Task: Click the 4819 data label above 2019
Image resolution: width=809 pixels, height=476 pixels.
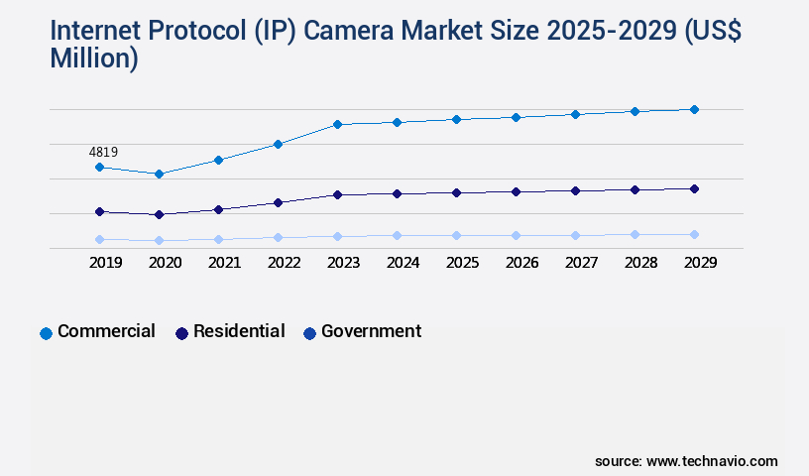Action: tap(103, 152)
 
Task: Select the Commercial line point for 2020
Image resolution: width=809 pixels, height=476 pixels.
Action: tap(159, 174)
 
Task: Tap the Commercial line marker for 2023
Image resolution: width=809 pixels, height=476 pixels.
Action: tap(337, 124)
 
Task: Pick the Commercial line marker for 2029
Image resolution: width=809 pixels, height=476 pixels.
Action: tap(694, 109)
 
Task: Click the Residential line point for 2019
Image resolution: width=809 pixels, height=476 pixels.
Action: tap(99, 211)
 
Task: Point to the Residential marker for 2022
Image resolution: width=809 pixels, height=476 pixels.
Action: tap(278, 202)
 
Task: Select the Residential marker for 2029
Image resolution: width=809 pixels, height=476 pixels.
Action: tap(694, 188)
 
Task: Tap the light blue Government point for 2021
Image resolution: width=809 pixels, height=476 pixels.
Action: tap(218, 239)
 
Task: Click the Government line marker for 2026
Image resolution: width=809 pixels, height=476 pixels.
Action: tap(516, 235)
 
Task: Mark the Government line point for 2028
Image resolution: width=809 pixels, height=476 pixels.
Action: tap(635, 234)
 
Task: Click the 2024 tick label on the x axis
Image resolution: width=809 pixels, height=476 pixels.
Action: tap(403, 263)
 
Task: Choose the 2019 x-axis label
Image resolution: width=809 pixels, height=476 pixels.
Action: tap(105, 263)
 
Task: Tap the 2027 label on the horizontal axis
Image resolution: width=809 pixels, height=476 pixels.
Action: tap(581, 263)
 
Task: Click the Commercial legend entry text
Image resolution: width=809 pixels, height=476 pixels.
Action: tap(106, 331)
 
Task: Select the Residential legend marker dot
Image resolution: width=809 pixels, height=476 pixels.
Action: tap(181, 333)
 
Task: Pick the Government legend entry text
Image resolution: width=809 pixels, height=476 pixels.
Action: tap(371, 331)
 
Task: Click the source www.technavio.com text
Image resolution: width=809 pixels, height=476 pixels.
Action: tap(686, 461)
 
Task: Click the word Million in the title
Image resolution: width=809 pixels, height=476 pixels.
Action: tap(90, 59)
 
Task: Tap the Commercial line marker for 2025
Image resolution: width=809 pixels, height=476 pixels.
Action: tap(456, 119)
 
